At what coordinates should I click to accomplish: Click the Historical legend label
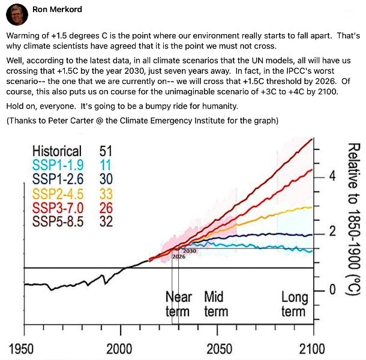coord(57,151)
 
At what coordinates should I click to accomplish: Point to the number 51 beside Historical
coord(106,151)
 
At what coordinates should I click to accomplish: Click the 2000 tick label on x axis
coord(119,349)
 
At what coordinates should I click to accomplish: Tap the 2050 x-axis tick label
coord(218,349)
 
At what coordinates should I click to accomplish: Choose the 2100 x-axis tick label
coord(311,349)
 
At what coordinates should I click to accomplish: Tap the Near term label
coord(178,304)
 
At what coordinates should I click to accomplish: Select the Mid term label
coord(215,304)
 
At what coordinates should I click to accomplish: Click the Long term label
coord(294,304)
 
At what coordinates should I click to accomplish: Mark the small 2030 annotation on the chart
coord(189,250)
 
